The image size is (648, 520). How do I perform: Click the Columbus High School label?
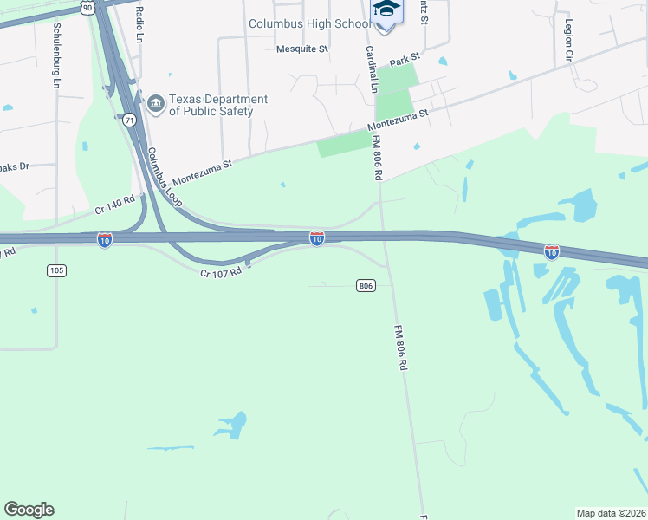(309, 24)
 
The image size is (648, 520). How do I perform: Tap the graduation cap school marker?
(386, 10)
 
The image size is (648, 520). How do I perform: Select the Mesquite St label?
(301, 49)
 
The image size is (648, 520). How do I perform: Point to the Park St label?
(404, 60)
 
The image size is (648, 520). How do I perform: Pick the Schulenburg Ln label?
(56, 55)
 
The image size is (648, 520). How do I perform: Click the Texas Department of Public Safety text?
(217, 105)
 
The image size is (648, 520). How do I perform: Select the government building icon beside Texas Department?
(156, 104)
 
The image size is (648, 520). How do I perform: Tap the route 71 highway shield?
(129, 120)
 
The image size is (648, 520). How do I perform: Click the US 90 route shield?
(87, 7)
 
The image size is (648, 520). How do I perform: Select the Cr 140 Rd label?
(114, 205)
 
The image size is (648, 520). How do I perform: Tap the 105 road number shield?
(56, 270)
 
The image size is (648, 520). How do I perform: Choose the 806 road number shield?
(365, 285)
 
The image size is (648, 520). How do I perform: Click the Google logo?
(29, 509)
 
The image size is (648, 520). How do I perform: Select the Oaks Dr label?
(13, 166)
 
